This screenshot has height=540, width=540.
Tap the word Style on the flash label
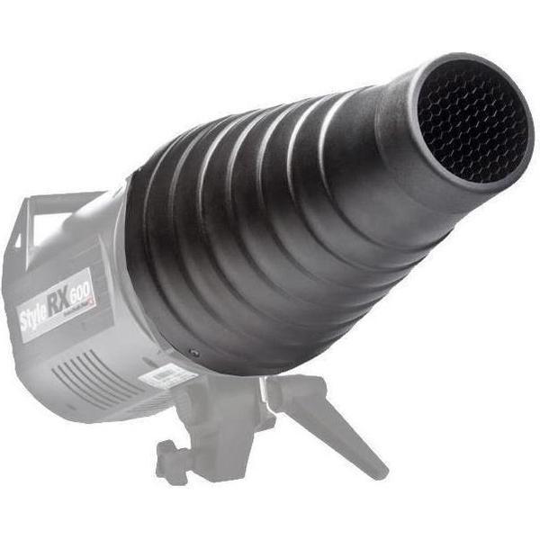(x=38, y=315)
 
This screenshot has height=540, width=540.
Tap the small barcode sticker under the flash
(x=167, y=375)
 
